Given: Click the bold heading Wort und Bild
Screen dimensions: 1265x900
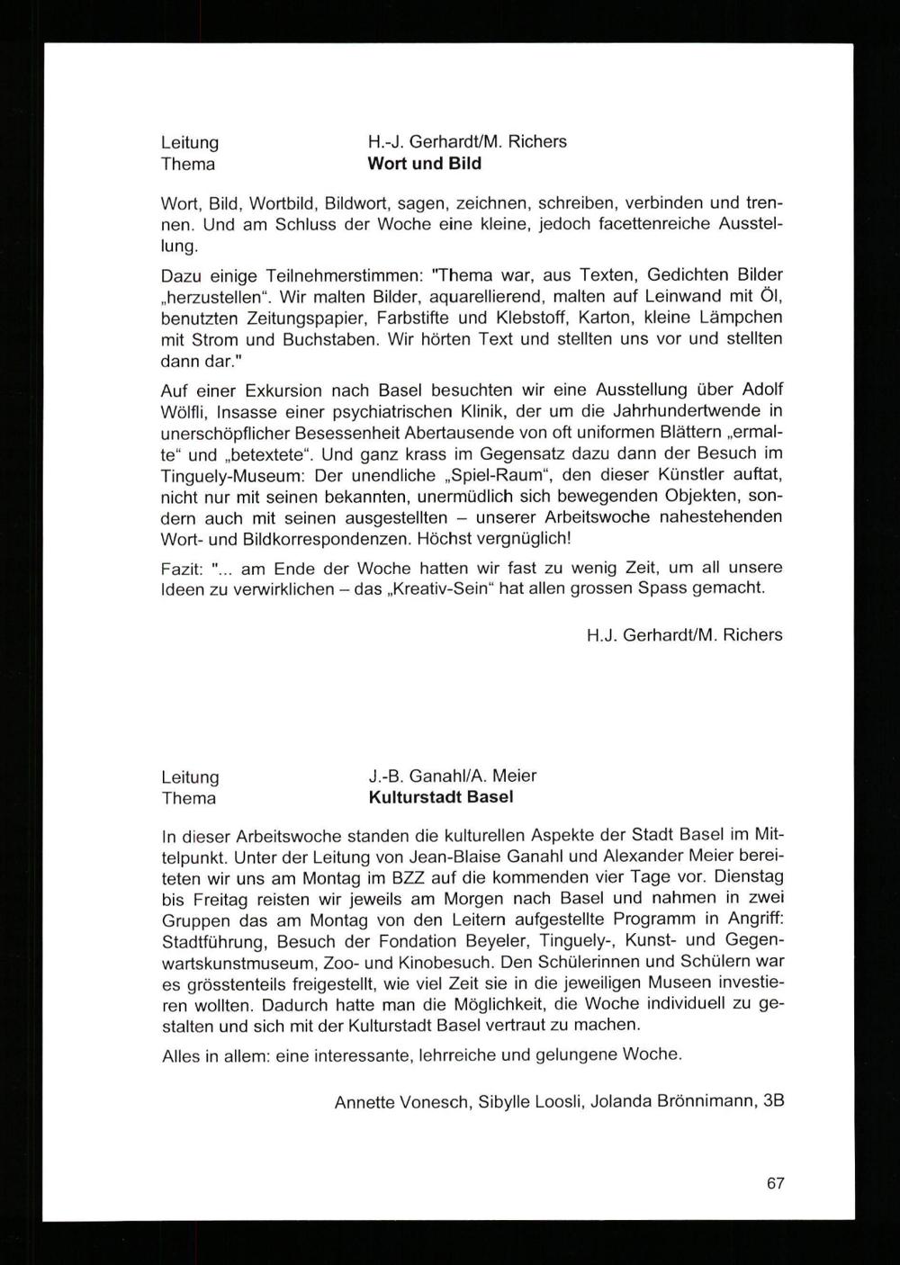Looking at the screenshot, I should [424, 164].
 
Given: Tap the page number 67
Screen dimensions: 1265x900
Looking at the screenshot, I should [775, 1183].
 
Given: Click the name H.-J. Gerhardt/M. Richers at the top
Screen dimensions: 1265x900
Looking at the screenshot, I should [467, 142].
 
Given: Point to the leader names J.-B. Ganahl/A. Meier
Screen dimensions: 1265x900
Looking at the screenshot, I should [452, 776].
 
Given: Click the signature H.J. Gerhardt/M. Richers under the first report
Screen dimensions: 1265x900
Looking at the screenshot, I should [684, 635].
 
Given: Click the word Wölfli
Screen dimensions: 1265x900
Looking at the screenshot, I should [183, 410].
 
